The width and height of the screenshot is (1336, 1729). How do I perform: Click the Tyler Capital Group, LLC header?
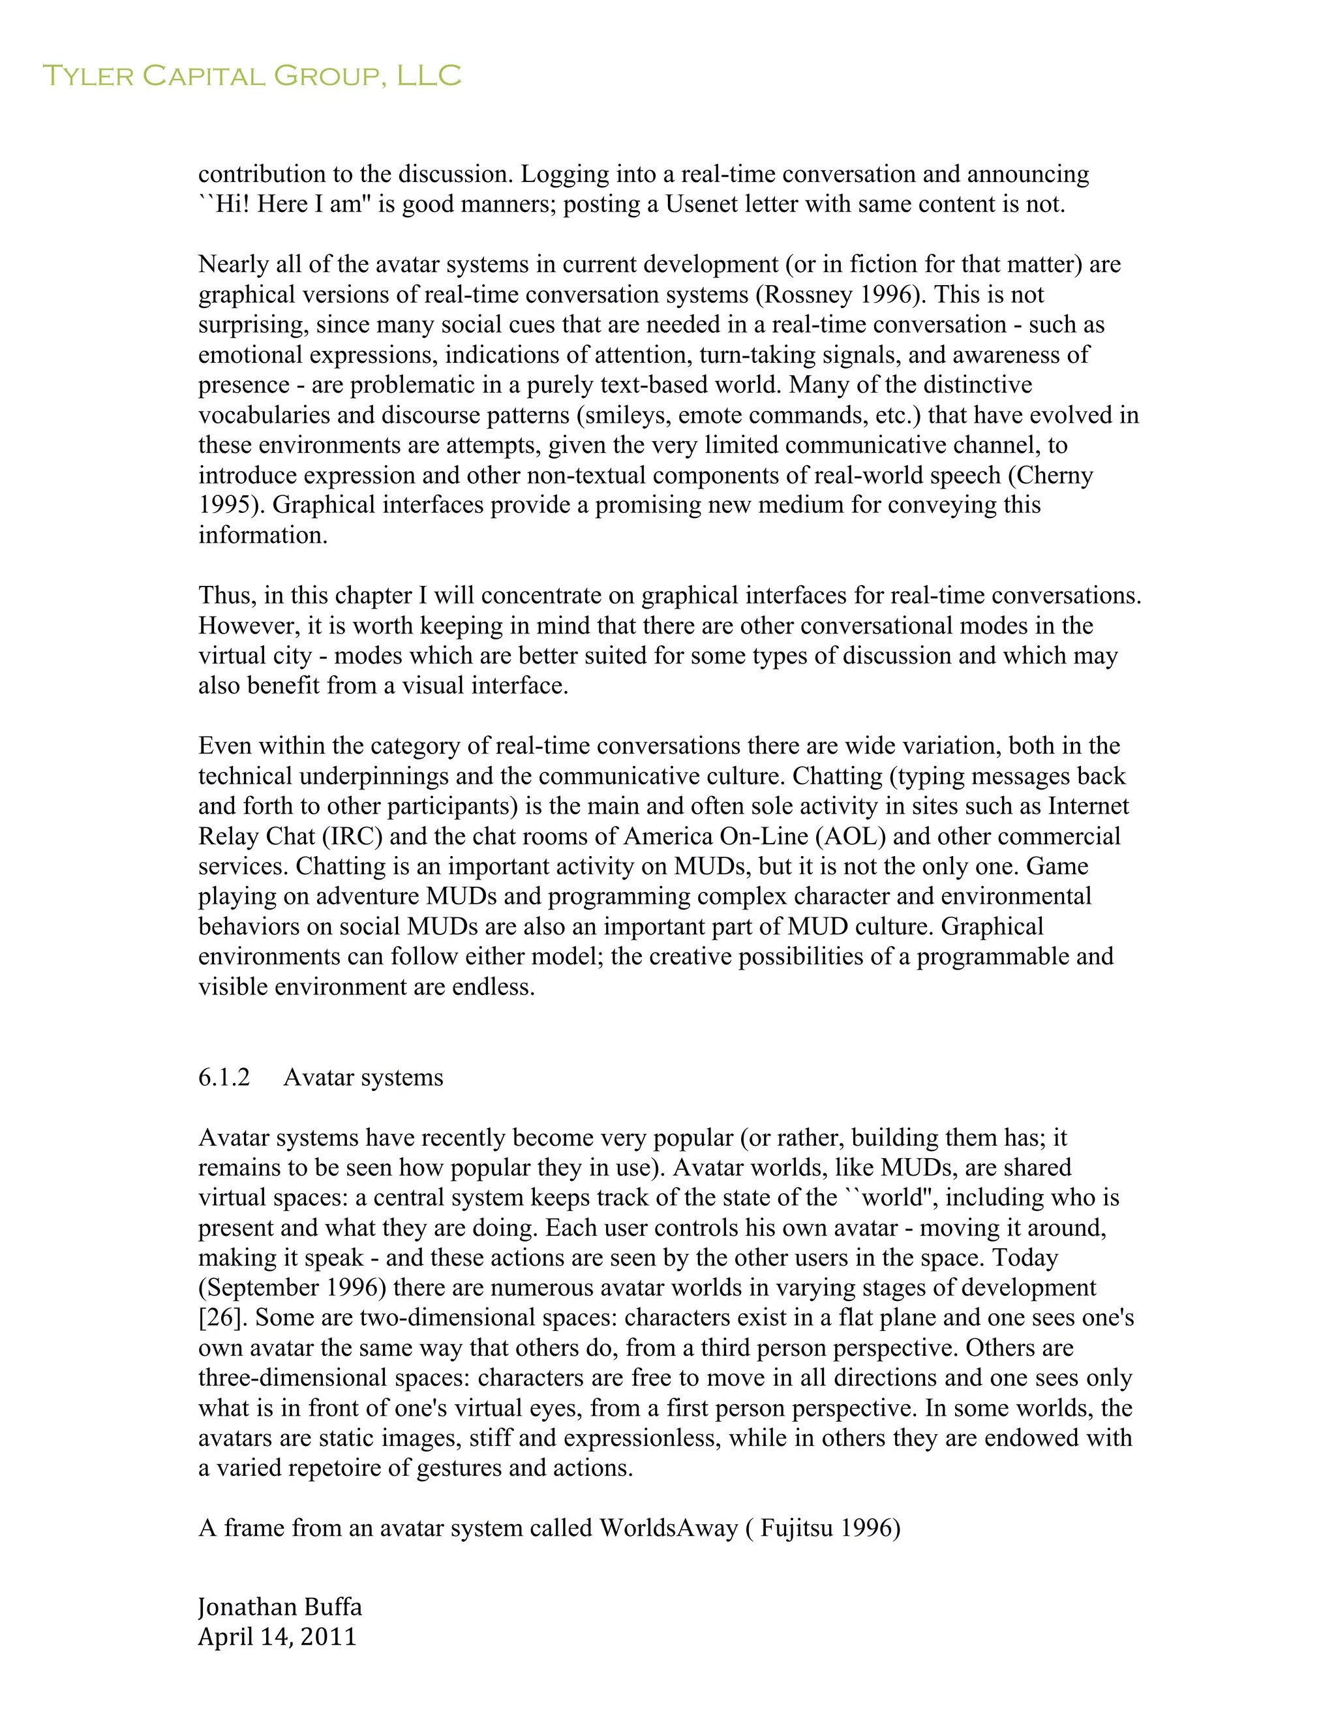(251, 76)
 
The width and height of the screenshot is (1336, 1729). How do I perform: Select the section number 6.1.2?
(224, 1077)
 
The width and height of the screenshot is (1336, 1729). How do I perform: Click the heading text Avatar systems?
(363, 1077)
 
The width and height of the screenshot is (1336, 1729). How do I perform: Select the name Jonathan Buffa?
(279, 1606)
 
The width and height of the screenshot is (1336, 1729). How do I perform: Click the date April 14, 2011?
(277, 1636)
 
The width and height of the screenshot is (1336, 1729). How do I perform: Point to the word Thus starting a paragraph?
(226, 595)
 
